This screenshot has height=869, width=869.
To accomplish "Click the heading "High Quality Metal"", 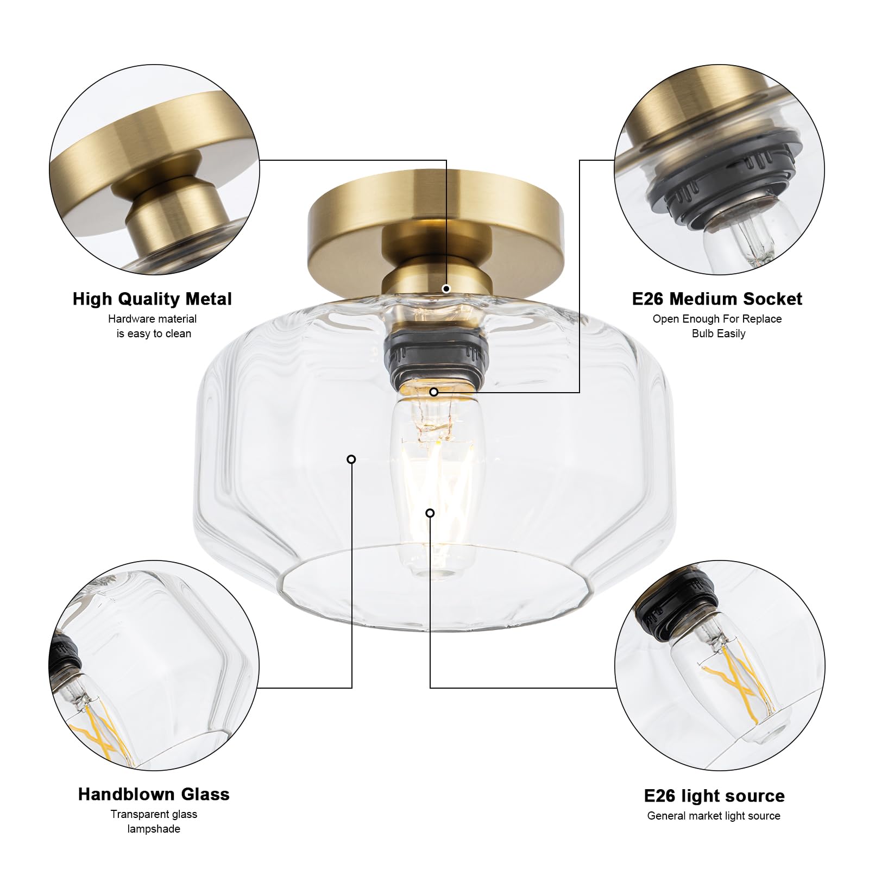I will tap(152, 299).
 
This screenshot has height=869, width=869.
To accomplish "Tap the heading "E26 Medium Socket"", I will tap(717, 299).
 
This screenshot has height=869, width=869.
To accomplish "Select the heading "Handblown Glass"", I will tap(154, 794).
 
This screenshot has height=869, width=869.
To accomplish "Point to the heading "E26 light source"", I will tap(714, 796).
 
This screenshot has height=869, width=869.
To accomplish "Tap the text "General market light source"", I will tap(714, 816).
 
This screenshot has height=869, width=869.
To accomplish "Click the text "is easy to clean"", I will tap(154, 333).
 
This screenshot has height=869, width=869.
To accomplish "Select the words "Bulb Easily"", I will tap(719, 333).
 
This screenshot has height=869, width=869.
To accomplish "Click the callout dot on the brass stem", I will tap(446, 288).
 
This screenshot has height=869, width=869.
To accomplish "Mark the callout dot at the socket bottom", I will tap(433, 392).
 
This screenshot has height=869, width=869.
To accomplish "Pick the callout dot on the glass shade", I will tap(351, 459).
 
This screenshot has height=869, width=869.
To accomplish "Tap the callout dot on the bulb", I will tap(430, 513).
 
